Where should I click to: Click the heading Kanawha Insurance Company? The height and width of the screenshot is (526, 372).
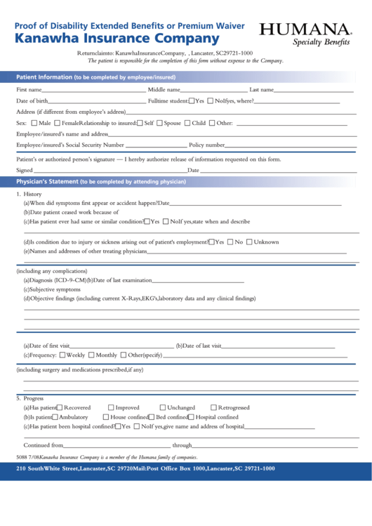click(117, 39)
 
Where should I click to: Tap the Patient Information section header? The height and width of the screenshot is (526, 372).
click(95, 77)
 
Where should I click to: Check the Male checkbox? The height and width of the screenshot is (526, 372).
click(34, 124)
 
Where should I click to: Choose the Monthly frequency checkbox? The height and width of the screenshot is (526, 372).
click(92, 355)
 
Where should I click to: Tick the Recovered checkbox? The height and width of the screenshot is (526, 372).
click(60, 408)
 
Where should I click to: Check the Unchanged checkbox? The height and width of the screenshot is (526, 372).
click(163, 408)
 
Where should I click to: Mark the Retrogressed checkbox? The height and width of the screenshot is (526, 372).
click(213, 408)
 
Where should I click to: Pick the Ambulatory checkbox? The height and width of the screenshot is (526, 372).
click(56, 417)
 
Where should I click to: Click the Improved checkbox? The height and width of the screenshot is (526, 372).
click(111, 408)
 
